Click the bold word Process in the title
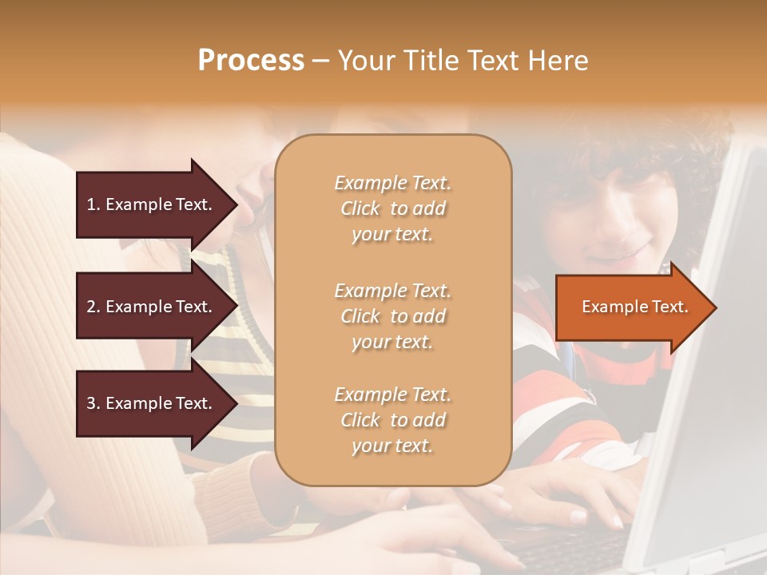pos(251,61)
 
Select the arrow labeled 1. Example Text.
pos(152,204)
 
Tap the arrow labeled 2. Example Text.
pos(152,307)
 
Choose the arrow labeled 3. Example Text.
pos(152,403)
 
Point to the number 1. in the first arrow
pos(93,204)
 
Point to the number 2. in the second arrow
pos(93,307)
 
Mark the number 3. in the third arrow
pos(93,403)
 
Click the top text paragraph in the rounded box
pos(392,208)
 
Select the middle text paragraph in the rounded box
pos(392,316)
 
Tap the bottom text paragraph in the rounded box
pos(392,420)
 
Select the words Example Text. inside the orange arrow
pos(634,307)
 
